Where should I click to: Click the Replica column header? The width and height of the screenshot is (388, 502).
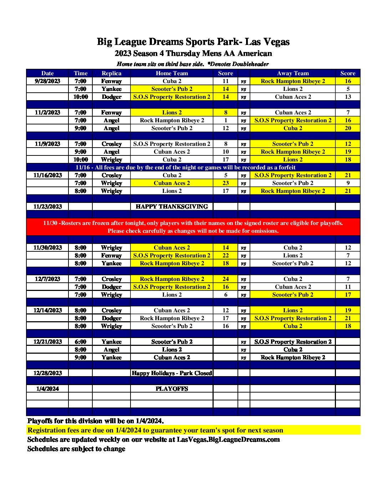(x=111, y=73)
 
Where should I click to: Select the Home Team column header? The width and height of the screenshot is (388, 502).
(x=172, y=73)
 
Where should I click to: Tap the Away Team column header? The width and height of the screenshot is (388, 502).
(x=292, y=73)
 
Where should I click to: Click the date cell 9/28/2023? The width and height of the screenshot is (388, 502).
(x=47, y=81)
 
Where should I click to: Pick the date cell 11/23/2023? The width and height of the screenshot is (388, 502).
(x=47, y=206)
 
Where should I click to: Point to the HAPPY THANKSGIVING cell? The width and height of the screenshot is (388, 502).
(x=172, y=206)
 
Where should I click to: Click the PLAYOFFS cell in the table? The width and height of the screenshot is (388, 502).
(x=172, y=389)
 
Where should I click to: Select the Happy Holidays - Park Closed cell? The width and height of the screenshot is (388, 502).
(x=172, y=373)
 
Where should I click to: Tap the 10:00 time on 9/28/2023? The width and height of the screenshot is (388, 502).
(x=81, y=97)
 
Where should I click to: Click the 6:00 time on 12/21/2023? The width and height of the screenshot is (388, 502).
(x=81, y=342)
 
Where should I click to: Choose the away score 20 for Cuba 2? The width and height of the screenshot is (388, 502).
(x=348, y=128)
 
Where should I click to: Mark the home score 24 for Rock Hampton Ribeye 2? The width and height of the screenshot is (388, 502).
(x=225, y=279)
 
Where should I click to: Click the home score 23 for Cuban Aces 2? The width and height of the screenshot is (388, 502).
(x=225, y=183)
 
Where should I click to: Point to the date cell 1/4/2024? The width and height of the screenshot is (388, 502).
(x=47, y=389)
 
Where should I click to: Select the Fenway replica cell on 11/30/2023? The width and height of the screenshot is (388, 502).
(x=111, y=255)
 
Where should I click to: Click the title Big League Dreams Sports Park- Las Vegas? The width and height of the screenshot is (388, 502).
(x=193, y=42)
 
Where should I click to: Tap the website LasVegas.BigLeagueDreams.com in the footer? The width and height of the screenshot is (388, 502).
(x=228, y=439)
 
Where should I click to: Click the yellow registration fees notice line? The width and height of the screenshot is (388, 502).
(x=155, y=430)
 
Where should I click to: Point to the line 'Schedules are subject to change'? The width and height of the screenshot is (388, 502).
(x=76, y=449)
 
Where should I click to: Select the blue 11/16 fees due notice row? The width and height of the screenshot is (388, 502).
(x=185, y=167)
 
